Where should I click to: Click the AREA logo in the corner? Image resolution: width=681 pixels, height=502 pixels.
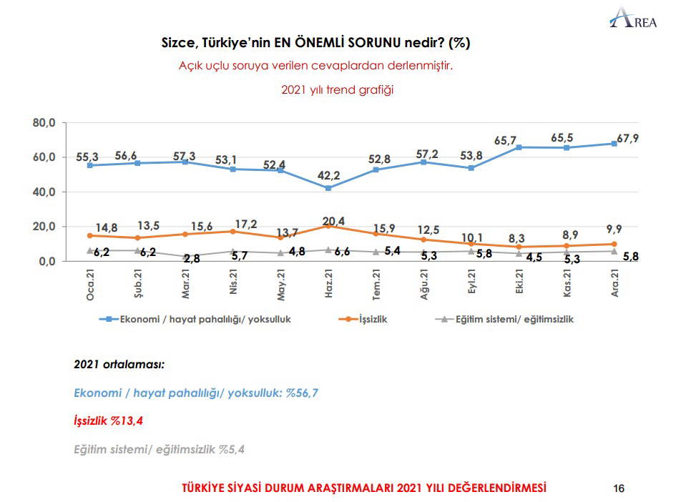pos(633,16)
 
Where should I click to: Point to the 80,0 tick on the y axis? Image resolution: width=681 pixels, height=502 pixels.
pos(44,123)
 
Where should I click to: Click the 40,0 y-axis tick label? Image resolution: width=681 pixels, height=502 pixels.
pos(44,192)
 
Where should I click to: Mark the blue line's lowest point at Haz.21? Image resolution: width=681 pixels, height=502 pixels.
pos(328,188)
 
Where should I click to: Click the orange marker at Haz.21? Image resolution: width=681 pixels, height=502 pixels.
pos(328,226)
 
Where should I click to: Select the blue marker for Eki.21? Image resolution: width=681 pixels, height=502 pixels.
pos(517,147)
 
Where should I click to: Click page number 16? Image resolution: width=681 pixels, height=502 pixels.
pos(619,488)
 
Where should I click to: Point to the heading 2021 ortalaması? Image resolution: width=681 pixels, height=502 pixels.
pos(119,364)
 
